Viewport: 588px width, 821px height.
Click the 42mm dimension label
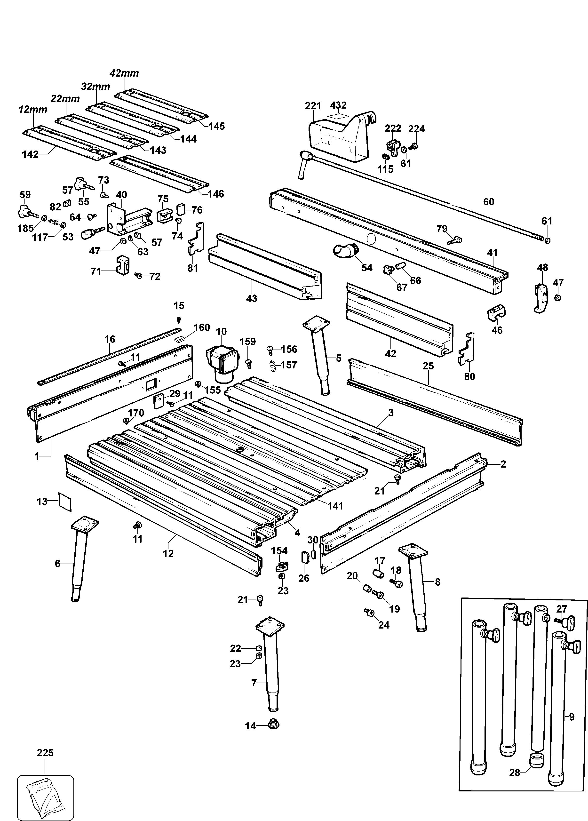coord(124,73)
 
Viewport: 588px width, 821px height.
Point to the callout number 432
coord(339,105)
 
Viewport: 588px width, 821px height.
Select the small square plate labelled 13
coord(65,501)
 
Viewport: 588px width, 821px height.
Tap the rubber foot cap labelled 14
coord(274,724)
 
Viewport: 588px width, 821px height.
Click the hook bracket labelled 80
coord(467,349)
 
